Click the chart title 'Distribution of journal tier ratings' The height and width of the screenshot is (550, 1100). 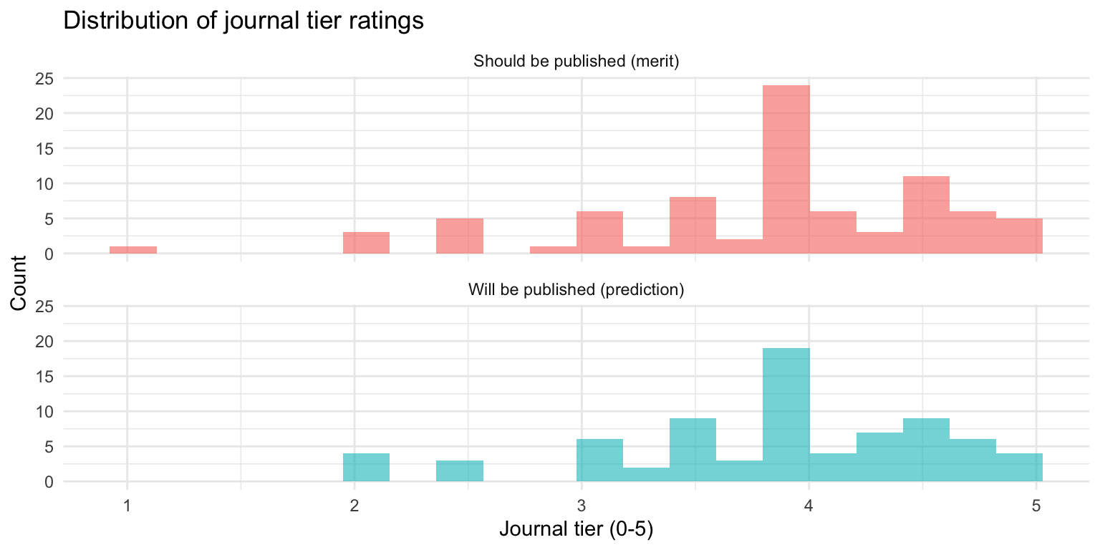(x=243, y=21)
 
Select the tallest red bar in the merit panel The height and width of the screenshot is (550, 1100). (x=786, y=170)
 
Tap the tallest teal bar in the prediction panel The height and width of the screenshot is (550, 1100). (x=786, y=415)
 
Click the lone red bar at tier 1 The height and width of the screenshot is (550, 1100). (x=133, y=250)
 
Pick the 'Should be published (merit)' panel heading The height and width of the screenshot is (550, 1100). (x=576, y=62)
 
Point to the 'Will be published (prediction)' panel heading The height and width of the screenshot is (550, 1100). (x=576, y=290)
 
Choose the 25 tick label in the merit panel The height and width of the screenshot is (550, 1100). (x=45, y=78)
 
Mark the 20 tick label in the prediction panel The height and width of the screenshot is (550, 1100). (x=45, y=342)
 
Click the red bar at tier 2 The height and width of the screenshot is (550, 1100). (x=366, y=243)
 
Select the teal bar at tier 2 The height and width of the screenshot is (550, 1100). (x=366, y=468)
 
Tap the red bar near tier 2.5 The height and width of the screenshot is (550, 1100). (x=460, y=236)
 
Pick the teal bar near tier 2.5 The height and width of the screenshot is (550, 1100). (x=460, y=471)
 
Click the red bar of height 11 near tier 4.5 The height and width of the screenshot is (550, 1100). (x=926, y=215)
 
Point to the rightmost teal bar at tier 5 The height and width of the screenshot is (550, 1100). (x=1019, y=468)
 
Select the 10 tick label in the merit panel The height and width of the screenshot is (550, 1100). (x=45, y=183)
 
